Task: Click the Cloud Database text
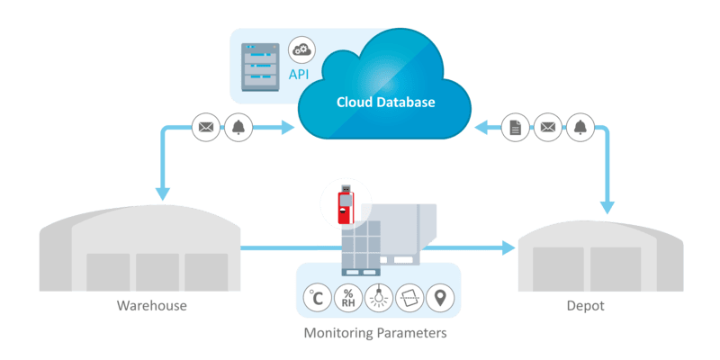click(x=385, y=103)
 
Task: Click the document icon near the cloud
click(x=514, y=128)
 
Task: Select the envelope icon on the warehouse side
click(x=206, y=128)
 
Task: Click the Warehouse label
click(x=150, y=306)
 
